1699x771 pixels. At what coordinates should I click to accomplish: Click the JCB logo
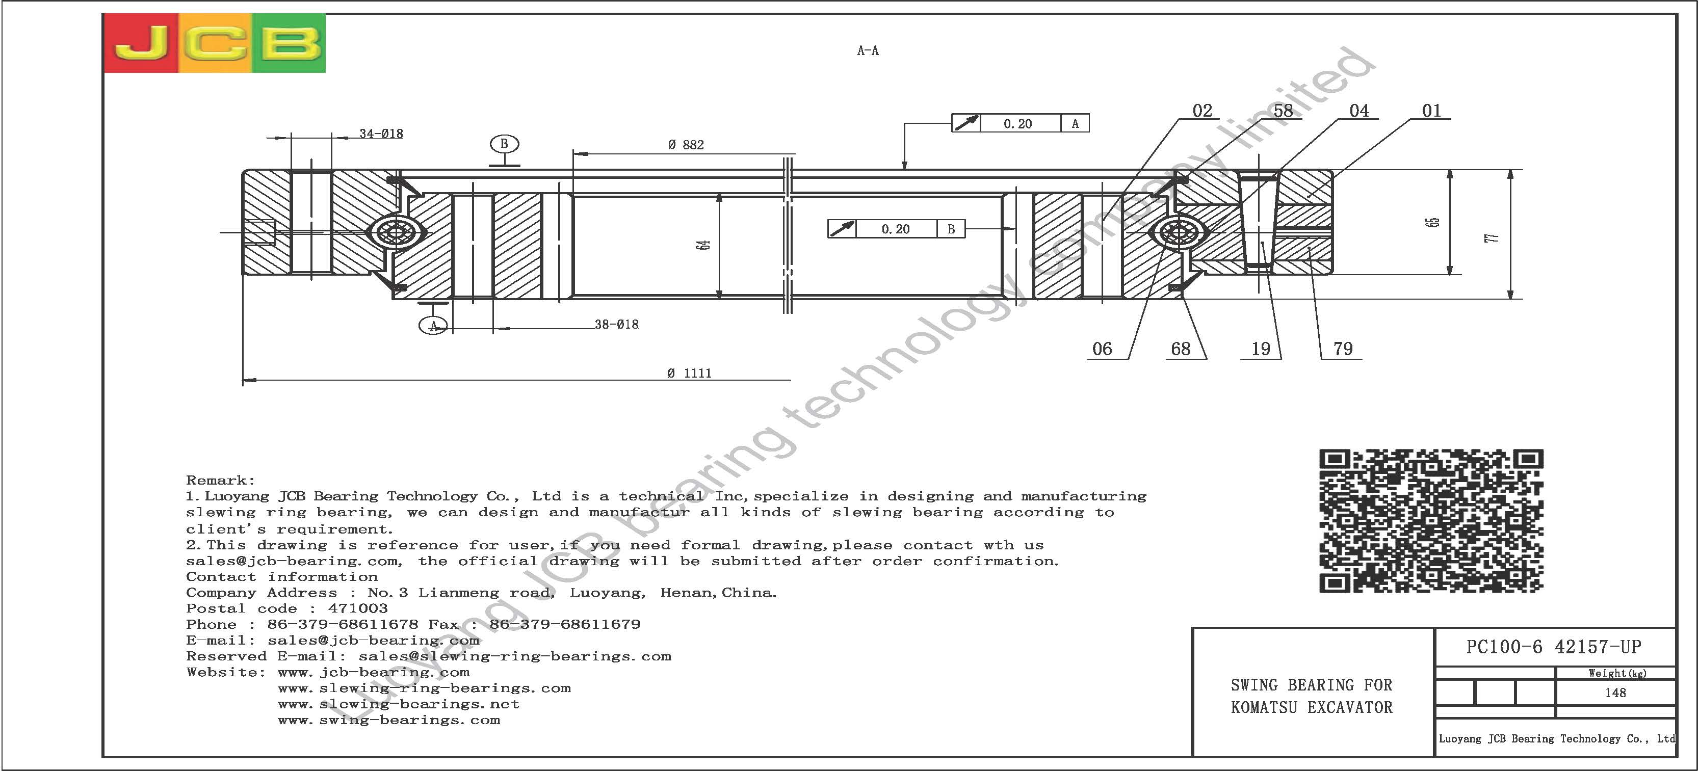tap(215, 43)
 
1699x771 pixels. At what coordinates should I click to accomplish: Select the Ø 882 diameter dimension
tap(686, 144)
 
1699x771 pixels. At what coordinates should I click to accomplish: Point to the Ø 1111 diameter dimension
tap(689, 374)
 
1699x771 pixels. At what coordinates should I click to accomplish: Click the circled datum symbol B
tap(505, 144)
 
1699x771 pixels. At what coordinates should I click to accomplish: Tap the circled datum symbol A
tap(433, 325)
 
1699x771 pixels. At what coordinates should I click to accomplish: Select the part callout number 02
tap(1203, 111)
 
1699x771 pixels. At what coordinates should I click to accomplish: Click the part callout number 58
tap(1283, 111)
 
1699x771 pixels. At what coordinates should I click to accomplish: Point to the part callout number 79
tap(1343, 349)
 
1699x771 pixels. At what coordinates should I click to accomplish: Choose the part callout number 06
tap(1102, 349)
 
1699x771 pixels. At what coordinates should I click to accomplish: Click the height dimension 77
tap(1493, 237)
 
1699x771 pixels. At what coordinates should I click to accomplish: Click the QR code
tap(1431, 521)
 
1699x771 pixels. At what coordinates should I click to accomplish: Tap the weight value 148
tap(1615, 693)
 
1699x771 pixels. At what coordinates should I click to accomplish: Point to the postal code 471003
tap(358, 608)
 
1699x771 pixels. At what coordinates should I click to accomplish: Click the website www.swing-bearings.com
tap(389, 720)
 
